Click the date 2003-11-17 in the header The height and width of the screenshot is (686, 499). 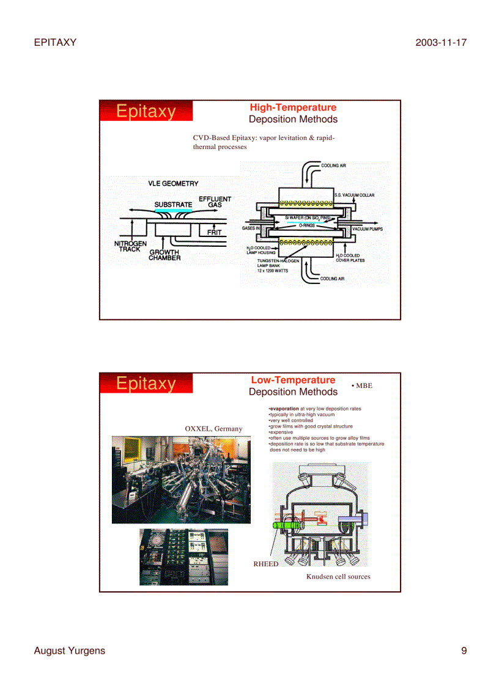(x=440, y=42)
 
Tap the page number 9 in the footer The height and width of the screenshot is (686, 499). (x=464, y=651)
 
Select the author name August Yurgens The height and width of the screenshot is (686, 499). (x=69, y=651)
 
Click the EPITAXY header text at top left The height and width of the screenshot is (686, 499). (x=55, y=42)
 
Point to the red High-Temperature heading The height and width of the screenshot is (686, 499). (x=293, y=108)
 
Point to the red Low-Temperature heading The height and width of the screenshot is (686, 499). (x=293, y=380)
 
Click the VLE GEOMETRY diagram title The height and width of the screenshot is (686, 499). (x=173, y=183)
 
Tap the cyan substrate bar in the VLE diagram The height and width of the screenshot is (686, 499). (x=173, y=210)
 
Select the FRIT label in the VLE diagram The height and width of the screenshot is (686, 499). (x=214, y=232)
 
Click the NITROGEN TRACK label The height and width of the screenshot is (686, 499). (x=130, y=246)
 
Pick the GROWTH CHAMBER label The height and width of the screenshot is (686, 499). (x=164, y=255)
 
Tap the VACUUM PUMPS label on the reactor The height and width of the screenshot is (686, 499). (x=367, y=229)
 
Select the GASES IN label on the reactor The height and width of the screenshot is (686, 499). (x=251, y=228)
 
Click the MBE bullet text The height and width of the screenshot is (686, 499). (x=361, y=385)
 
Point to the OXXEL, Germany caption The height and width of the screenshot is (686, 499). (x=213, y=428)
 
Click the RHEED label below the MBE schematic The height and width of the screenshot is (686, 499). (x=265, y=564)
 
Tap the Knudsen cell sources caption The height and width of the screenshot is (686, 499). (x=338, y=576)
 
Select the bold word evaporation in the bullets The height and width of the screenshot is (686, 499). (x=284, y=409)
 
